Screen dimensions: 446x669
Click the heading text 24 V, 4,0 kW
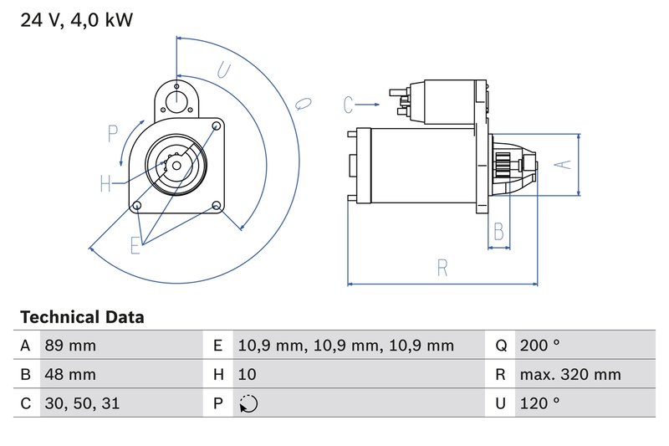point(76,20)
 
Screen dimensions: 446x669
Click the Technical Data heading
point(82,317)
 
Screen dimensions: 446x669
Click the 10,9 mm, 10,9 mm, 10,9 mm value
point(345,346)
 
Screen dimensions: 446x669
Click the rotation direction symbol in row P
point(248,403)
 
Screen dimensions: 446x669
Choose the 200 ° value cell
point(539,346)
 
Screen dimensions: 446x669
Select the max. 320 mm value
point(569,374)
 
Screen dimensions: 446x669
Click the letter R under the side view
point(442,268)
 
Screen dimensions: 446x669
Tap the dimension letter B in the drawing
point(498,231)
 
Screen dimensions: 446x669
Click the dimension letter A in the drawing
point(564,165)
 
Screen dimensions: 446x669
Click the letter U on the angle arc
point(223,70)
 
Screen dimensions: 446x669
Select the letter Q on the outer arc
point(304,103)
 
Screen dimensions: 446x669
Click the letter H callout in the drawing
point(106,184)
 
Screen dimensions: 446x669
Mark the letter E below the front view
point(135,244)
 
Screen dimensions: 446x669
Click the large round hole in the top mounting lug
point(177,100)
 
